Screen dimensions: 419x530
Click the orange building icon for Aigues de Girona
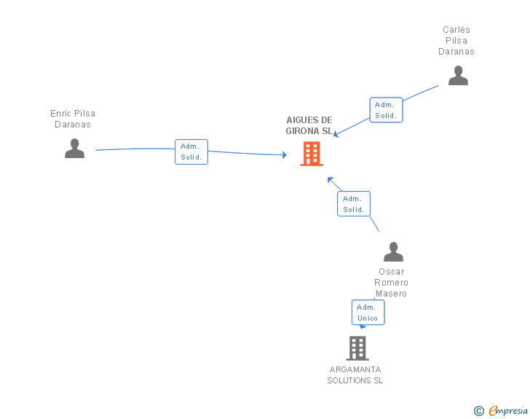pos(312,154)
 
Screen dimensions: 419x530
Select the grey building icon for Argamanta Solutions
pos(357,348)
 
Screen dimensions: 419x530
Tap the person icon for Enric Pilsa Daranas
pos(74,148)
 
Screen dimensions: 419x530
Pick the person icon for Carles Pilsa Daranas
pos(458,75)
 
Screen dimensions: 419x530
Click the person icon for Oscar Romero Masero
pos(393,251)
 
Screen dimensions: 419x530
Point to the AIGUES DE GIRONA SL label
pos(309,125)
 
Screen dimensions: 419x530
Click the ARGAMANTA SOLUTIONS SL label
pos(355,375)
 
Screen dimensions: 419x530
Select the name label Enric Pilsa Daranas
pos(73,119)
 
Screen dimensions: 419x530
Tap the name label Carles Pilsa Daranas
pos(456,41)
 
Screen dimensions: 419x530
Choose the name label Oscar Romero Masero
pos(392,283)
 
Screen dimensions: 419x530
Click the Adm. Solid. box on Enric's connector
pos(191,152)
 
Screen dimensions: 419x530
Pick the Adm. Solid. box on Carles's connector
pos(386,110)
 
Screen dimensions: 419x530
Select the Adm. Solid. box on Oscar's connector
pos(354,204)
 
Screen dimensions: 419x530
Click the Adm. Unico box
pos(368,313)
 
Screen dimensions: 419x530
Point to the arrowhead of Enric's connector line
pos(285,154)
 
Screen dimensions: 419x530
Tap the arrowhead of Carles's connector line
pos(336,133)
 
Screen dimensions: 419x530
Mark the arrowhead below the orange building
pos(330,179)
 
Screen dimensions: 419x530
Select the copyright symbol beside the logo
pos(478,411)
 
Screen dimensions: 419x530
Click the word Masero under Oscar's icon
pos(392,294)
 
